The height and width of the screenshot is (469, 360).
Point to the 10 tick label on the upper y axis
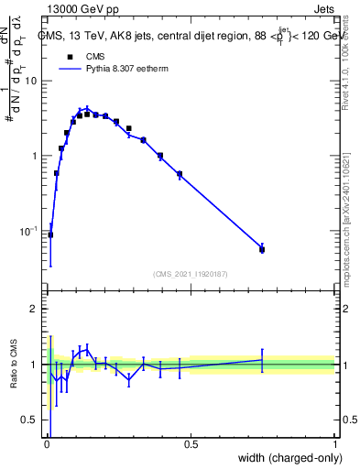pyautogui.click(x=31, y=81)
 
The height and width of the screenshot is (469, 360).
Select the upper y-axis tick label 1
pyautogui.click(x=34, y=156)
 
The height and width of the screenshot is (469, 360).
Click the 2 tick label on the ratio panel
pyautogui.click(x=34, y=309)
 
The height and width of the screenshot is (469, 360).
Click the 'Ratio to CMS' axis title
pyautogui.click(x=15, y=365)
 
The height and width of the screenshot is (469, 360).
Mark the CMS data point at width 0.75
pyautogui.click(x=262, y=249)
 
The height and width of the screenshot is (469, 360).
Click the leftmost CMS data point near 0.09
pyautogui.click(x=50, y=234)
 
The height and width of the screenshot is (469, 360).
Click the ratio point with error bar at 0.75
pyautogui.click(x=262, y=360)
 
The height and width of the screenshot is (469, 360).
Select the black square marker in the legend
pyautogui.click(x=70, y=56)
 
